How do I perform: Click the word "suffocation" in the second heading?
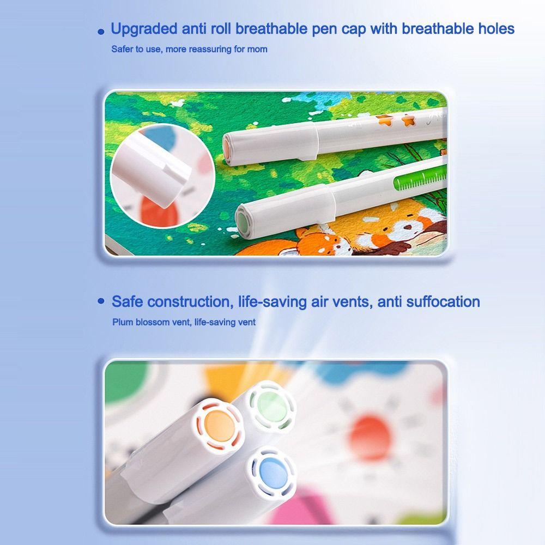(x=443, y=301)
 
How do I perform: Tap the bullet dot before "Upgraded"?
(x=101, y=32)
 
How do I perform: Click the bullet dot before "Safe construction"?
(x=101, y=301)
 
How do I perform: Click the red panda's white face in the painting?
(x=405, y=228)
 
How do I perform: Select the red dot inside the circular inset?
(x=159, y=210)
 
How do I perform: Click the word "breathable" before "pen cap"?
(x=271, y=28)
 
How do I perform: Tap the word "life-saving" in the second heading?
(x=272, y=301)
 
